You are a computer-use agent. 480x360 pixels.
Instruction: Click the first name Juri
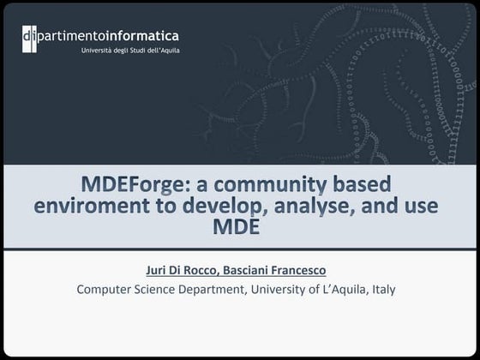156,271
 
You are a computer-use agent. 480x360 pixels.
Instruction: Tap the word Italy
381,289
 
